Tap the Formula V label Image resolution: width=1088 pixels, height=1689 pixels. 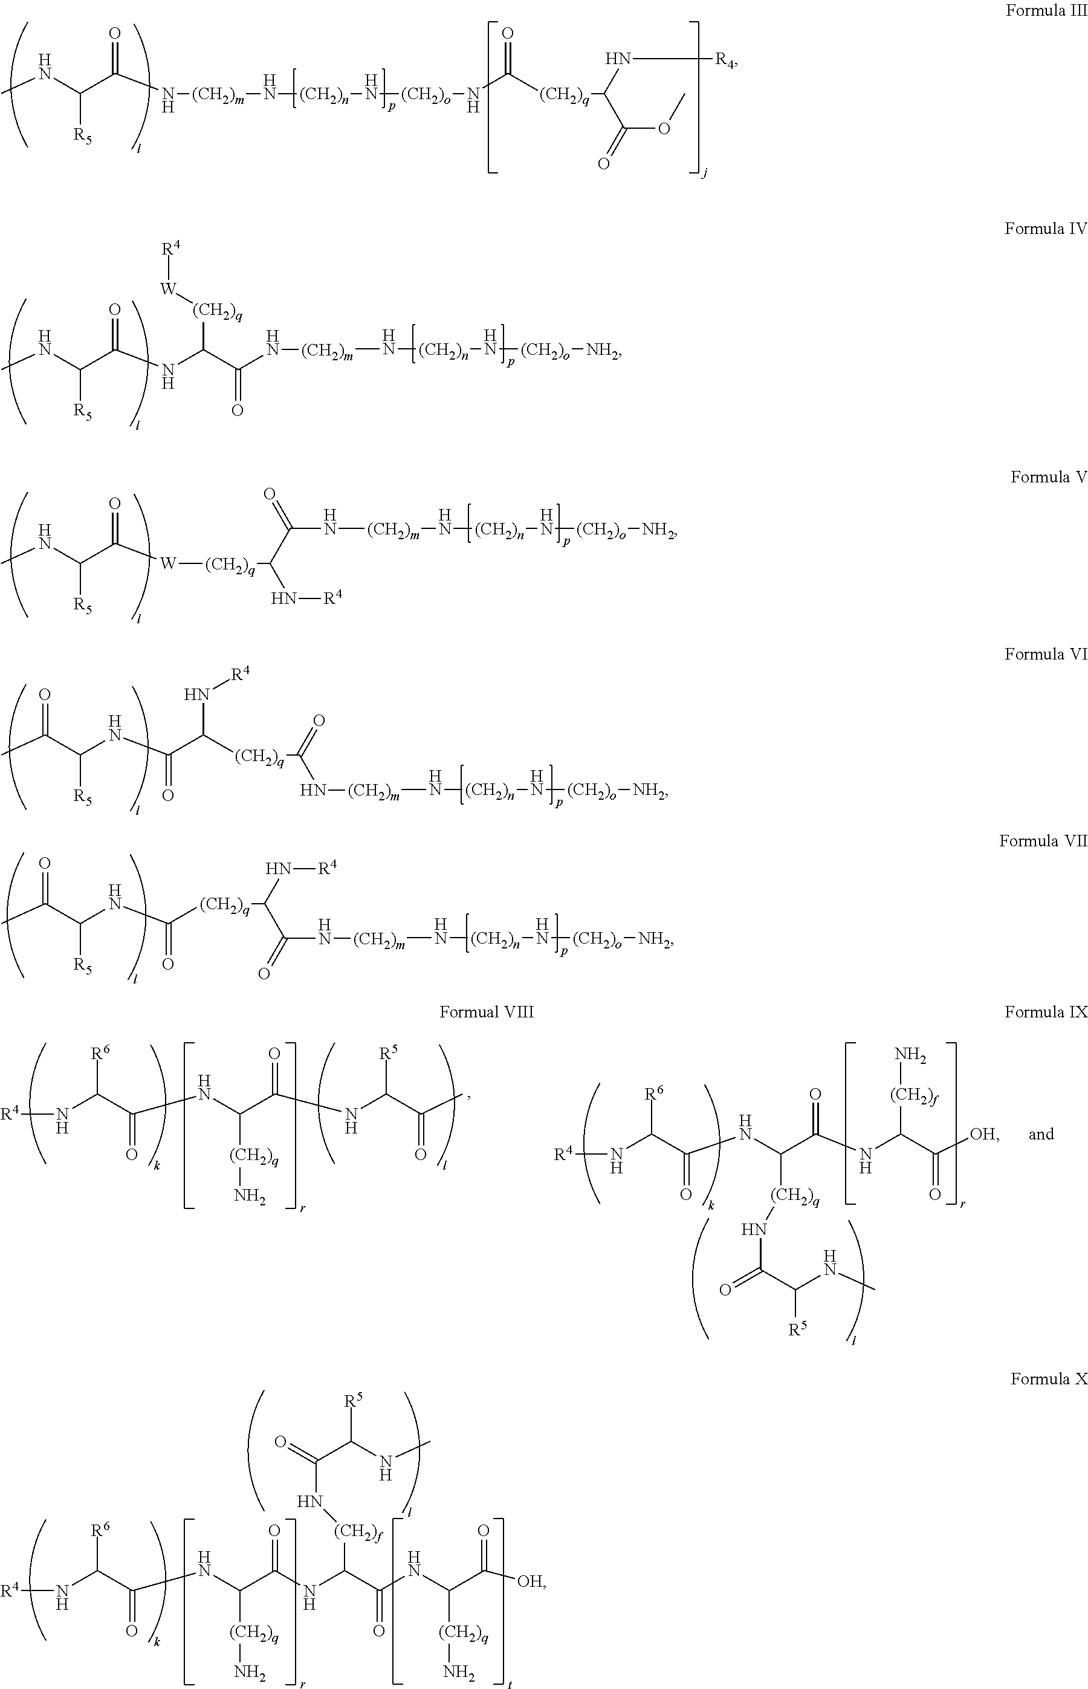[x=1049, y=477]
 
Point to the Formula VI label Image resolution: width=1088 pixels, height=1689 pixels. [x=1046, y=654]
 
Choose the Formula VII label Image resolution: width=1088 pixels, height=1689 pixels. [x=1043, y=841]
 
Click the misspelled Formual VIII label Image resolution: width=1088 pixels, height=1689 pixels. [x=487, y=1013]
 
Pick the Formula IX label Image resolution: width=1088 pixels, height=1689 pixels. [x=1046, y=1013]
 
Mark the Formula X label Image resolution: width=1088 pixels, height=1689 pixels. [x=1049, y=1379]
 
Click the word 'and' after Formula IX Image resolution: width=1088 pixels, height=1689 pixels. [x=1041, y=1134]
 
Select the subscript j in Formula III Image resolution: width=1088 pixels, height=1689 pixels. [x=704, y=172]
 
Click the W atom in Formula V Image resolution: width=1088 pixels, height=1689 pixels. [x=168, y=563]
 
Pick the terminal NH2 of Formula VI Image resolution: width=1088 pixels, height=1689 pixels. [x=649, y=791]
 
